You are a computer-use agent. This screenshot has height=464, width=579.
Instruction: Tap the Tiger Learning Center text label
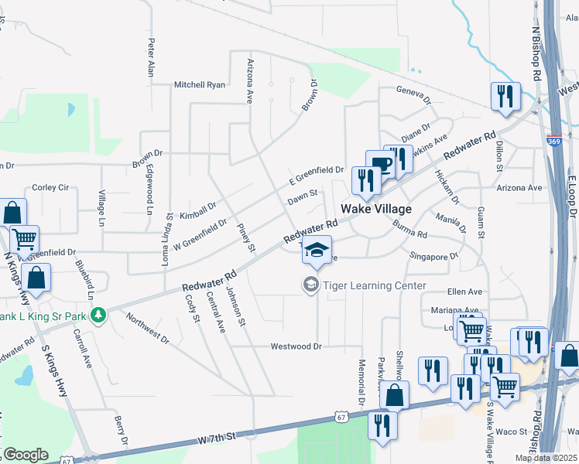tap(375, 285)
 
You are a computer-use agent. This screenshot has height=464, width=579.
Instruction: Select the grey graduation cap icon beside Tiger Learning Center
tap(311, 285)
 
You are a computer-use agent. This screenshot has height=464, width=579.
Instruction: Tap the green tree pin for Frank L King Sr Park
tap(98, 315)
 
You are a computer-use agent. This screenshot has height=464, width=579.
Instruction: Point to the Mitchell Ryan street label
tap(200, 84)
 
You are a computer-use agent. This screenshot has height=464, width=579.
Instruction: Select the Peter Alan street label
tap(151, 57)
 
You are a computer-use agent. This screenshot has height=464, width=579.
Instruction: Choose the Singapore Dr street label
tap(433, 254)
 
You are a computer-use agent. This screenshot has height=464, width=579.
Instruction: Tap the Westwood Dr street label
tap(296, 346)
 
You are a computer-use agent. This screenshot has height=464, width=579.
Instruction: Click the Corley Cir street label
tap(50, 187)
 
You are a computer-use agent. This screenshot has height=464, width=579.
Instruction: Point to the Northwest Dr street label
tap(149, 329)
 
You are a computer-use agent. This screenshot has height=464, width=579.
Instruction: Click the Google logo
tap(26, 455)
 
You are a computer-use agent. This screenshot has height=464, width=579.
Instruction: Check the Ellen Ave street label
tap(464, 292)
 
